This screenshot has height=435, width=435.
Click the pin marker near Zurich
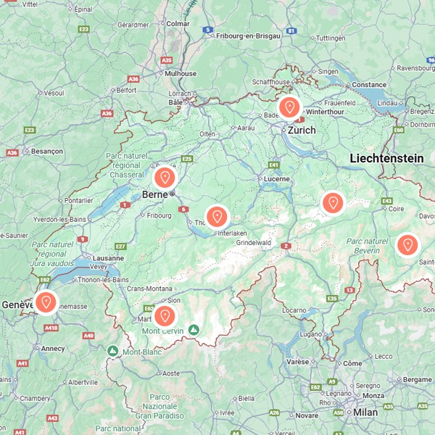click(x=289, y=108)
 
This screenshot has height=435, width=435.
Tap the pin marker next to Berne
click(x=165, y=178)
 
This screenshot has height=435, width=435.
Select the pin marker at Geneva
click(x=46, y=302)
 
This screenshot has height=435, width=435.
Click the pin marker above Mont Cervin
click(x=165, y=316)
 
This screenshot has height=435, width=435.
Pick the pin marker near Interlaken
click(x=216, y=216)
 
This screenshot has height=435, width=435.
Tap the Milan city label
click(x=366, y=412)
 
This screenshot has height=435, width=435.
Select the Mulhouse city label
click(x=181, y=73)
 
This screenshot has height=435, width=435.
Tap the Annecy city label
click(x=52, y=348)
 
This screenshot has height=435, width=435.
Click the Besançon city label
click(x=47, y=151)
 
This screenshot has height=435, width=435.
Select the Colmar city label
click(x=178, y=23)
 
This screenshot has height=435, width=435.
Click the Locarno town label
click(x=294, y=310)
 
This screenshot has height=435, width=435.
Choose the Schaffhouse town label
click(x=270, y=82)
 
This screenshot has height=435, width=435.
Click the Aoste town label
click(x=170, y=373)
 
